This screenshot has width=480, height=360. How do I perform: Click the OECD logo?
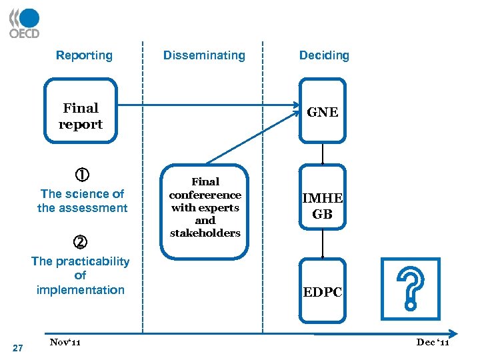pos(24,23)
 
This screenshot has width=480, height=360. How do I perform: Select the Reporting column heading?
pos(84,55)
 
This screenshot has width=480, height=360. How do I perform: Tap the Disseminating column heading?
pos(204,55)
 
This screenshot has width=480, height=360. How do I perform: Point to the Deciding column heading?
pos(324,55)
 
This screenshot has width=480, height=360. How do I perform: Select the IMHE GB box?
pos(323,207)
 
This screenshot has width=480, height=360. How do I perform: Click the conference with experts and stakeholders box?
pos(205,207)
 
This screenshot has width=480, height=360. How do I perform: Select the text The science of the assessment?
pos(82,201)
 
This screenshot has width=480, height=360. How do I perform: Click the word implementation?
pos(81,289)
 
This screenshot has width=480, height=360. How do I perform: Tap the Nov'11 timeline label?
pos(65,342)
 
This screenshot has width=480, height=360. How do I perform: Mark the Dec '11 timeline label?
pos(433,342)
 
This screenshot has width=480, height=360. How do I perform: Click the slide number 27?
pos(18,347)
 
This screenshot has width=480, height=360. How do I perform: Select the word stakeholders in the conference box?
pos(205,233)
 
